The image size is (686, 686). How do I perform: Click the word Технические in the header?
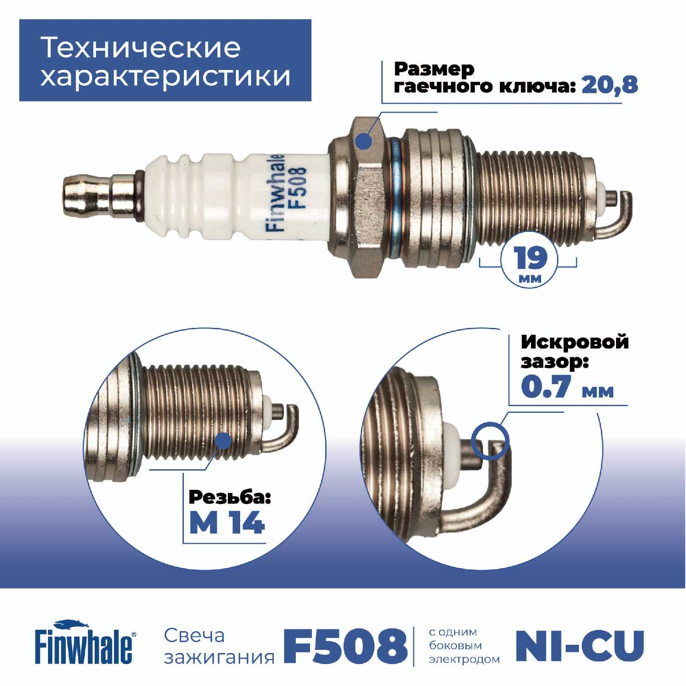[140, 47]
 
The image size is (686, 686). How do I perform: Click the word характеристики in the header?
[166, 75]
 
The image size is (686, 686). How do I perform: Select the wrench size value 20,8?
[610, 86]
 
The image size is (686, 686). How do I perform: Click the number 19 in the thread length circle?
[530, 258]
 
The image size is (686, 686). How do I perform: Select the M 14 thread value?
[227, 523]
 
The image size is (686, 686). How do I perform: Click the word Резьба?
[230, 497]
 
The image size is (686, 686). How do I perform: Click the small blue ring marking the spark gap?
[491, 439]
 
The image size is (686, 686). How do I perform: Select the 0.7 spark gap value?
[547, 387]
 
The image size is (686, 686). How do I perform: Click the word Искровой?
[574, 342]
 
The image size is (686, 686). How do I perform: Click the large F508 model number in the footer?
[346, 645]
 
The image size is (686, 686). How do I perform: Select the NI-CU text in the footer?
[580, 645]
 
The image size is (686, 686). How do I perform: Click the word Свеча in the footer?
[194, 636]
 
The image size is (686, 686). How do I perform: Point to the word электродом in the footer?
[464, 659]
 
